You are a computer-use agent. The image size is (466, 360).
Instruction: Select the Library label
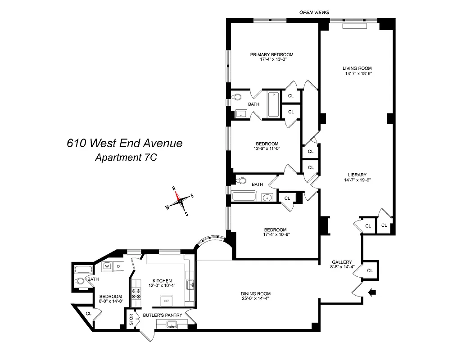point(357,175)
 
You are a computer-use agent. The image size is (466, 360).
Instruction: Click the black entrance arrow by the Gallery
point(373,293)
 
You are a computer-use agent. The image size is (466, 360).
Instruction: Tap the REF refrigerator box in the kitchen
point(166,301)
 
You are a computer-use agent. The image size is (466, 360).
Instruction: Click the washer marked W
point(107,266)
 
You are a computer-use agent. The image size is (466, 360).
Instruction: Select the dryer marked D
point(118,266)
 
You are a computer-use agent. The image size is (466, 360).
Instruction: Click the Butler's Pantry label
point(162,315)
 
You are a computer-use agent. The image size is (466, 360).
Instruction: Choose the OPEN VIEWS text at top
point(314,12)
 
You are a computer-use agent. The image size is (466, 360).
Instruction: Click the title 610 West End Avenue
point(125,143)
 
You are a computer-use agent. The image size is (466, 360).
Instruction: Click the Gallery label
point(341,262)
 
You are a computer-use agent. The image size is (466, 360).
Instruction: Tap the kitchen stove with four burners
point(136,295)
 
